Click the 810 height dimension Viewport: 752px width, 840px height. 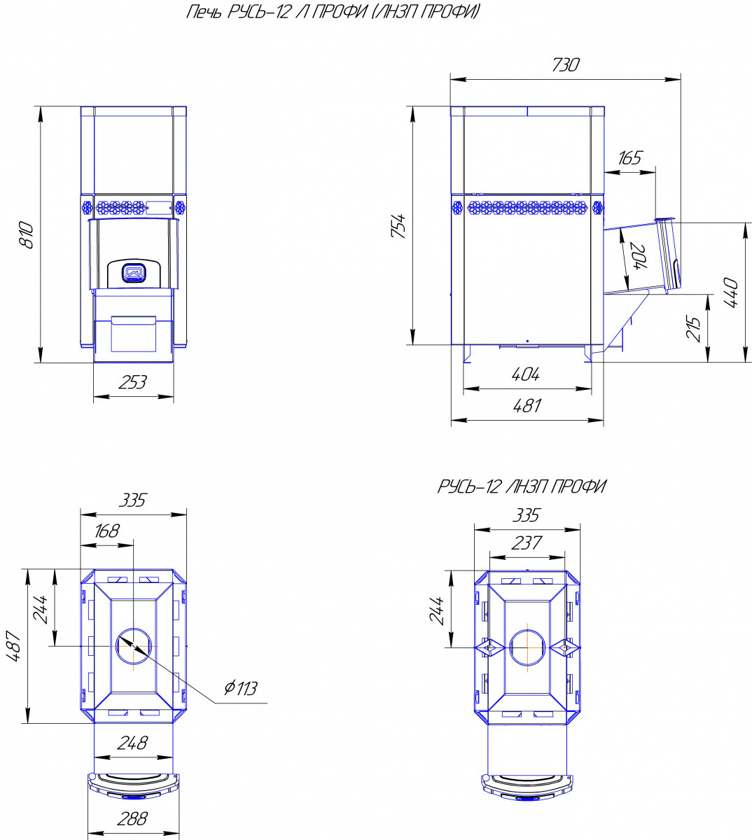(x=27, y=235)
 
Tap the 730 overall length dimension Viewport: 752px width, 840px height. (x=565, y=65)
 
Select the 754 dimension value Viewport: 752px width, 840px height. (x=398, y=226)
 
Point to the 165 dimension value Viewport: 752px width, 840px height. (x=629, y=158)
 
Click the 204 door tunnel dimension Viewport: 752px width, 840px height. (x=639, y=257)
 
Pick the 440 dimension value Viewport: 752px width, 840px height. (x=731, y=293)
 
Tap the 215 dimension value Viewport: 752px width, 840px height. (x=693, y=328)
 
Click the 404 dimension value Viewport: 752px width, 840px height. (x=526, y=374)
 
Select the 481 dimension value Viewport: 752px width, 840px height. (x=527, y=405)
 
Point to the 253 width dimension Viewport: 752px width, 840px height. (x=132, y=382)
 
